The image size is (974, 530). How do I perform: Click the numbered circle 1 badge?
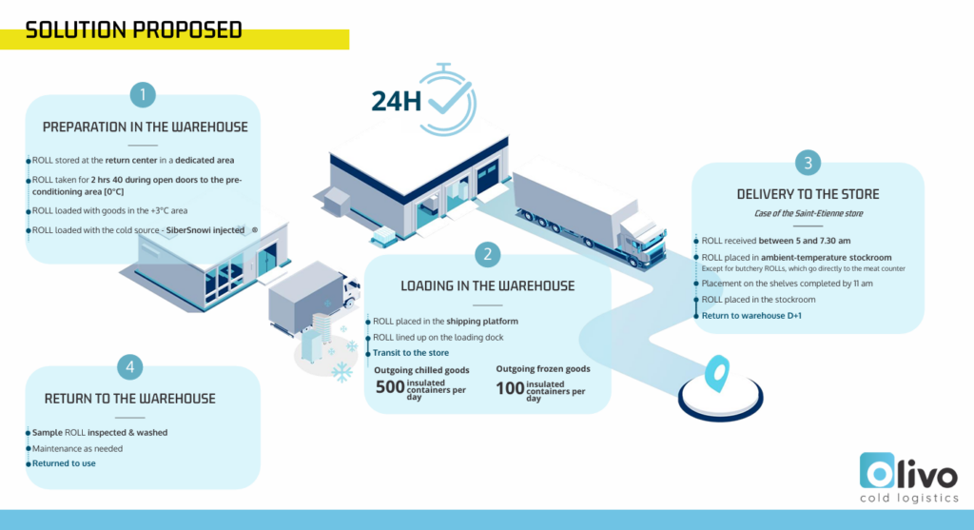(143, 94)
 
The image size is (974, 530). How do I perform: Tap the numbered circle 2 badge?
(488, 253)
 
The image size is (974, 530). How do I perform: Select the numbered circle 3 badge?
(808, 163)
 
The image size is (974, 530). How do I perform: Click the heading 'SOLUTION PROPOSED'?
(133, 30)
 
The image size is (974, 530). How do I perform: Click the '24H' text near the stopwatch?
(396, 101)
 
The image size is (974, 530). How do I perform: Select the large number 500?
(390, 387)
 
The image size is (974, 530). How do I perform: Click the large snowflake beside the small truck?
(341, 372)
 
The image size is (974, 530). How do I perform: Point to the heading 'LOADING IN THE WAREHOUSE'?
(487, 285)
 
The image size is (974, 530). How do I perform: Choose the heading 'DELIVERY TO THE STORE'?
(808, 194)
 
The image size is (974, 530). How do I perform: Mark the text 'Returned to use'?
(64, 463)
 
